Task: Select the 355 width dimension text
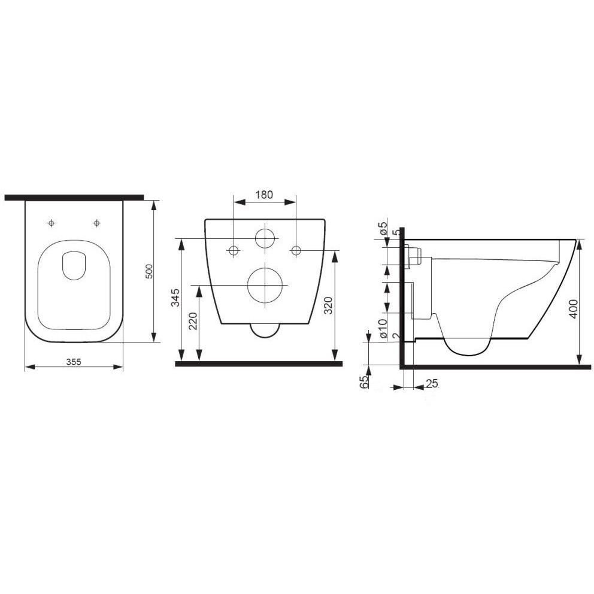(74, 362)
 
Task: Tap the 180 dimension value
(264, 195)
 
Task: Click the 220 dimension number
(193, 321)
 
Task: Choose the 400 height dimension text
(573, 309)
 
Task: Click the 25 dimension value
(432, 383)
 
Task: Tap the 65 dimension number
(364, 382)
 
